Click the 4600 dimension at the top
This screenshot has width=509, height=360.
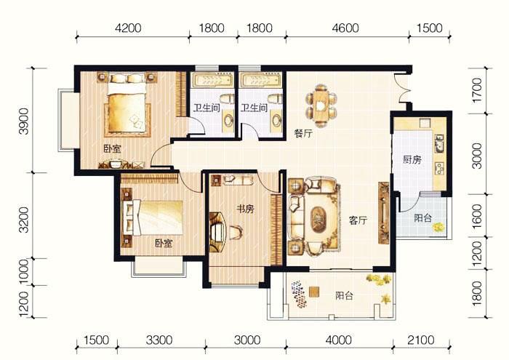coord(345,28)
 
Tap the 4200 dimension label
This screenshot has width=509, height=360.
coord(128,28)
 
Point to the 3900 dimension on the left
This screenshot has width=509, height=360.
coord(24,121)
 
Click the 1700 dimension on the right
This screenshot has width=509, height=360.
coord(477,90)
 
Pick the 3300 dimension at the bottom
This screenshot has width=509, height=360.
coord(159,340)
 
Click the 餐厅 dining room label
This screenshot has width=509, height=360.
coord(303,133)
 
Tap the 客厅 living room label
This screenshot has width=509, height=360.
coord(358,220)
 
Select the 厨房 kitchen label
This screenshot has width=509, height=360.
coord(412,160)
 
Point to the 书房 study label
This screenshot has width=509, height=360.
coord(245,209)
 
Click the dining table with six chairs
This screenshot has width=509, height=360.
coord(321,106)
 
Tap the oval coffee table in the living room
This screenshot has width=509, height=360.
coord(318,220)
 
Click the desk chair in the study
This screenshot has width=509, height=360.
coord(236,232)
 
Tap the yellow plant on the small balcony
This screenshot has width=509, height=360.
coord(438,227)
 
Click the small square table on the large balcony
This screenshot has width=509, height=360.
coord(314,292)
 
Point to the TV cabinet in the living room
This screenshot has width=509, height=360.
coord(384,212)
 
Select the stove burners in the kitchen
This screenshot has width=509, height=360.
coord(439,168)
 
